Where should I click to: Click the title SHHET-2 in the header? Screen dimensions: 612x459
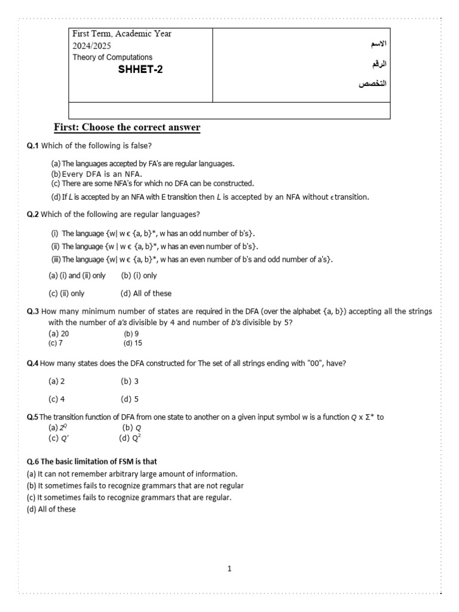pos(140,69)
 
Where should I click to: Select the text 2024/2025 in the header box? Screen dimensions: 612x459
pos(91,45)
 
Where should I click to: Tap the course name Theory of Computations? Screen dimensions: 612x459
pos(112,57)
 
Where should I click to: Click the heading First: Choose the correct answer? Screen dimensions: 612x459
pos(127,127)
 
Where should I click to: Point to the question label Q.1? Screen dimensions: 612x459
pos(33,145)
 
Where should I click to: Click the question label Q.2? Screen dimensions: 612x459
pos(33,214)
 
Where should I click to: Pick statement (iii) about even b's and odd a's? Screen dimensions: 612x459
pos(191,259)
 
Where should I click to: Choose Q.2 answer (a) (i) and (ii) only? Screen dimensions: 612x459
pos(76,276)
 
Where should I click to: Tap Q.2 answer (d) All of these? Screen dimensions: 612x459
pos(146,293)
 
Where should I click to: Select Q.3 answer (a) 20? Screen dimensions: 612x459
pos(59,333)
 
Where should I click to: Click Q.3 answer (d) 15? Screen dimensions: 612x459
pos(133,343)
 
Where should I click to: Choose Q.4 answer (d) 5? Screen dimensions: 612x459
pos(130,399)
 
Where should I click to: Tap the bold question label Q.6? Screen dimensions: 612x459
pos(33,461)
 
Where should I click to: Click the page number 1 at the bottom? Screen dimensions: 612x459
pos(229,569)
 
